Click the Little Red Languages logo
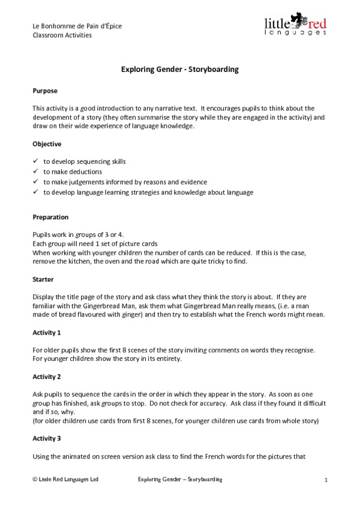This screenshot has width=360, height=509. (295, 26)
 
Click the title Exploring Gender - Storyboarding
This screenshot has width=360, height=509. (180, 70)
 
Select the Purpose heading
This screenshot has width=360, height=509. (45, 91)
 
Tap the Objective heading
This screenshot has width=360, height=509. (47, 144)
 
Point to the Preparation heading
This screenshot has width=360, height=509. (50, 217)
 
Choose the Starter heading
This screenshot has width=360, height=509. (43, 279)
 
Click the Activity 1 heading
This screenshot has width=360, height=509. (47, 332)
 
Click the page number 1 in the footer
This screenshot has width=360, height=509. (325, 480)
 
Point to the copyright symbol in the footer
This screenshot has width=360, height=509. (35, 480)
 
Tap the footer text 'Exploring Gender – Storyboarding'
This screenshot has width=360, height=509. (180, 480)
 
